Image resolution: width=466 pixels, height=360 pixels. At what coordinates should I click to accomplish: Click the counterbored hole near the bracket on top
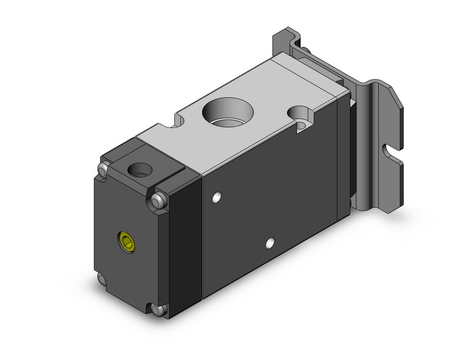pos(301,115)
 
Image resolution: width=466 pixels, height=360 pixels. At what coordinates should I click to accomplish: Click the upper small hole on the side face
pos(216,198)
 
